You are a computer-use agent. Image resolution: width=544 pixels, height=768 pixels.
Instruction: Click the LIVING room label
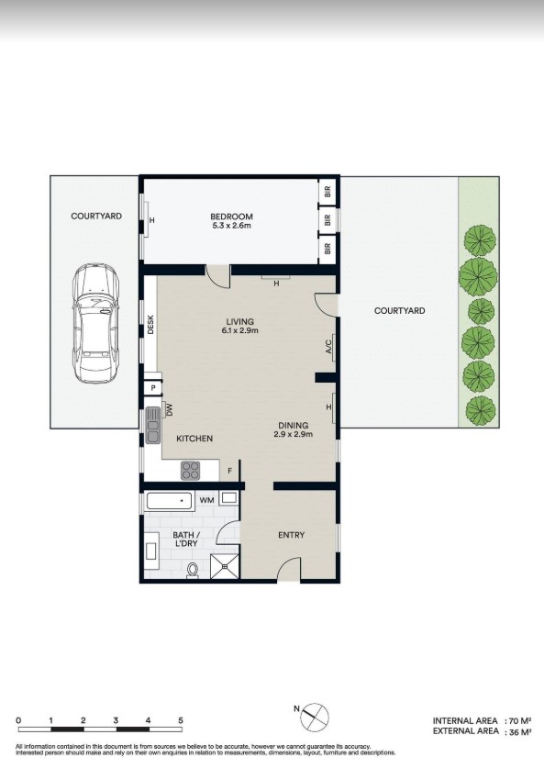[x=240, y=321]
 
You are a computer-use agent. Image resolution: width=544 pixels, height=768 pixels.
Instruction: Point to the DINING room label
[x=294, y=425]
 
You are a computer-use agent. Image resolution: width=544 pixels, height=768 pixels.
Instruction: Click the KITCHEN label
[x=194, y=439]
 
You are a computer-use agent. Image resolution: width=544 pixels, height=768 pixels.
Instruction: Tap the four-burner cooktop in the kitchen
[x=191, y=470]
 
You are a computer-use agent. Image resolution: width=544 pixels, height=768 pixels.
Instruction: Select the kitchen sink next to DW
[x=152, y=424]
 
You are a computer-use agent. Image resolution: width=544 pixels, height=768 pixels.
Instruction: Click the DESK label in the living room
[x=151, y=325]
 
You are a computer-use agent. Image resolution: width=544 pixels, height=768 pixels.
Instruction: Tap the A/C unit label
[x=328, y=346]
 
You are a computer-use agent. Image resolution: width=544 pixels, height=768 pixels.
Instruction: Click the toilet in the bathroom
[x=193, y=571]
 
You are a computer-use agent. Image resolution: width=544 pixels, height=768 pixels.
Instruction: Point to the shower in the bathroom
[x=221, y=567]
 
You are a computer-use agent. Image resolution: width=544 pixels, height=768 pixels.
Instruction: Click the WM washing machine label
[x=207, y=500]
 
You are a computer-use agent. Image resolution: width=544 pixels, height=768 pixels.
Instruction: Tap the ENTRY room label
[x=291, y=535]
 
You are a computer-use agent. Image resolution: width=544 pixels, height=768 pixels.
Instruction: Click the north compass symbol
[x=313, y=716]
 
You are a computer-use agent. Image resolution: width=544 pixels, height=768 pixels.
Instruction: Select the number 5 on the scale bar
[x=181, y=720]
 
